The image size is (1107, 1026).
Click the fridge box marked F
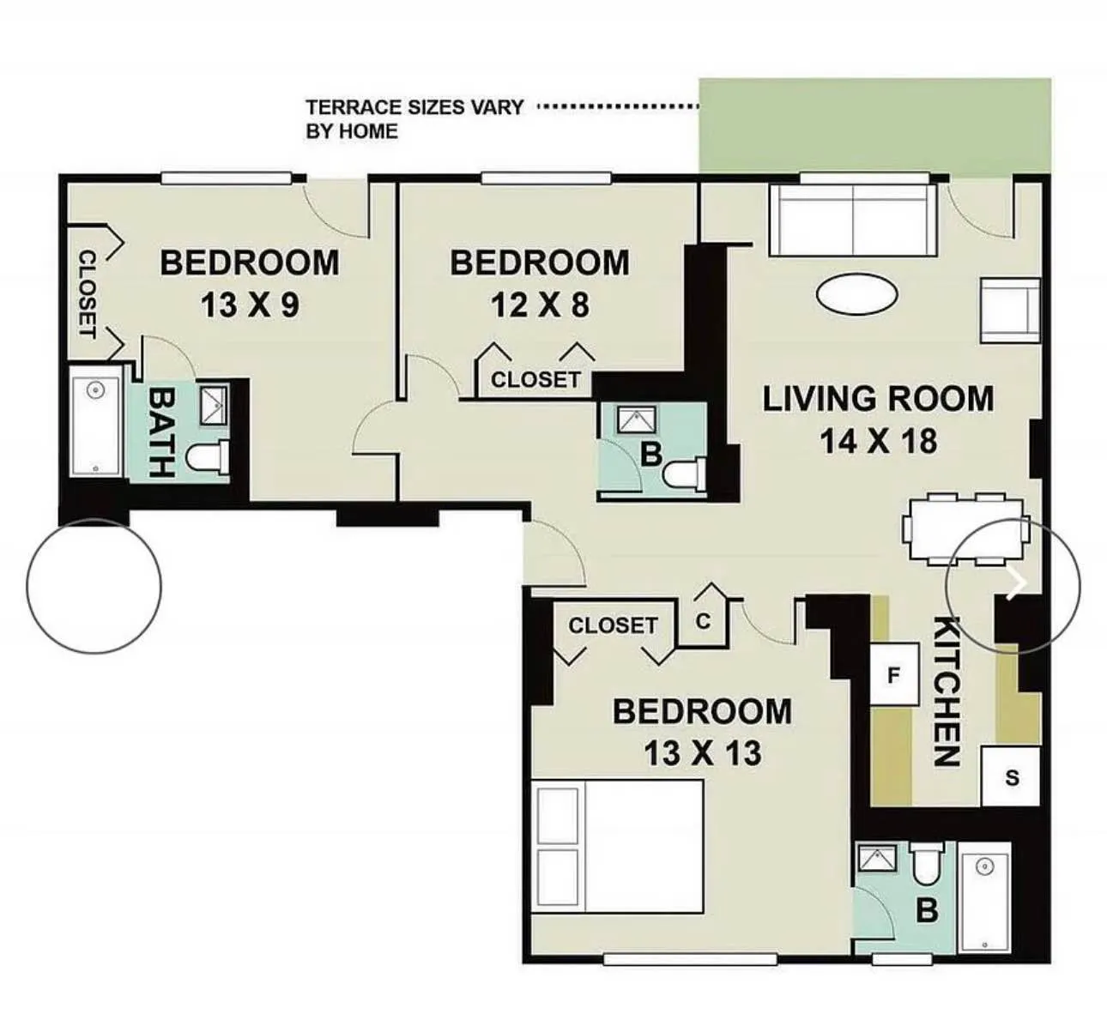click(x=893, y=676)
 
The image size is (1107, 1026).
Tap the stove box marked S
click(x=1012, y=777)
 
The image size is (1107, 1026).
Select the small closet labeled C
click(x=703, y=621)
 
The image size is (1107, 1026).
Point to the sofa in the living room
click(x=852, y=220)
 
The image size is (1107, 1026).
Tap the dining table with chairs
click(x=965, y=529)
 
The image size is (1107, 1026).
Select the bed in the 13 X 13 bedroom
click(x=619, y=846)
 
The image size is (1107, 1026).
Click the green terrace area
click(x=874, y=126)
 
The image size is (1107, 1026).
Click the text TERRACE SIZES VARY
click(x=414, y=107)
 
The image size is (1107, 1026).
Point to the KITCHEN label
click(x=946, y=691)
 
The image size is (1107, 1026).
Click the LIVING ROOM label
click(x=878, y=399)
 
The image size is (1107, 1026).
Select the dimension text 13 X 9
click(x=250, y=305)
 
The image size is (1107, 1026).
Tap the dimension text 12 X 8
click(x=540, y=305)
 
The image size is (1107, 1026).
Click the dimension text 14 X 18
click(x=878, y=442)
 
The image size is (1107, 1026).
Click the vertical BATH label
click(x=161, y=432)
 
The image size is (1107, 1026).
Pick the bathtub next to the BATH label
click(x=94, y=424)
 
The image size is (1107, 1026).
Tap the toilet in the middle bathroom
click(x=687, y=473)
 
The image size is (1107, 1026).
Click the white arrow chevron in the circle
click(x=1018, y=582)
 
